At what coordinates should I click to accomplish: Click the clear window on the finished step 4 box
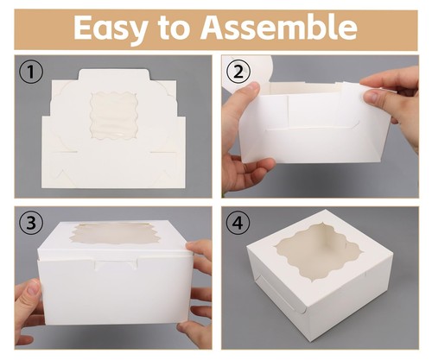[316, 248]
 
